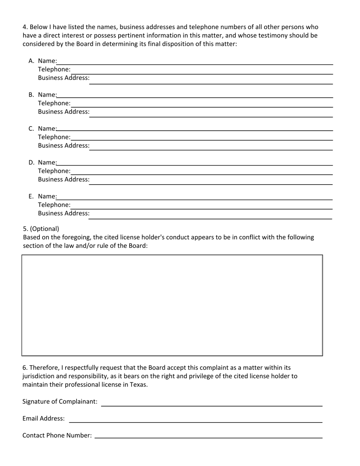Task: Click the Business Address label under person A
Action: [x=64, y=78]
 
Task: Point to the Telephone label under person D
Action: [x=54, y=171]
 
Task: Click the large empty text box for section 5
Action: [x=172, y=305]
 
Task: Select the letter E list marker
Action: [x=31, y=196]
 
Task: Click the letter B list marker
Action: [x=31, y=95]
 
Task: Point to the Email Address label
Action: [x=44, y=419]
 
